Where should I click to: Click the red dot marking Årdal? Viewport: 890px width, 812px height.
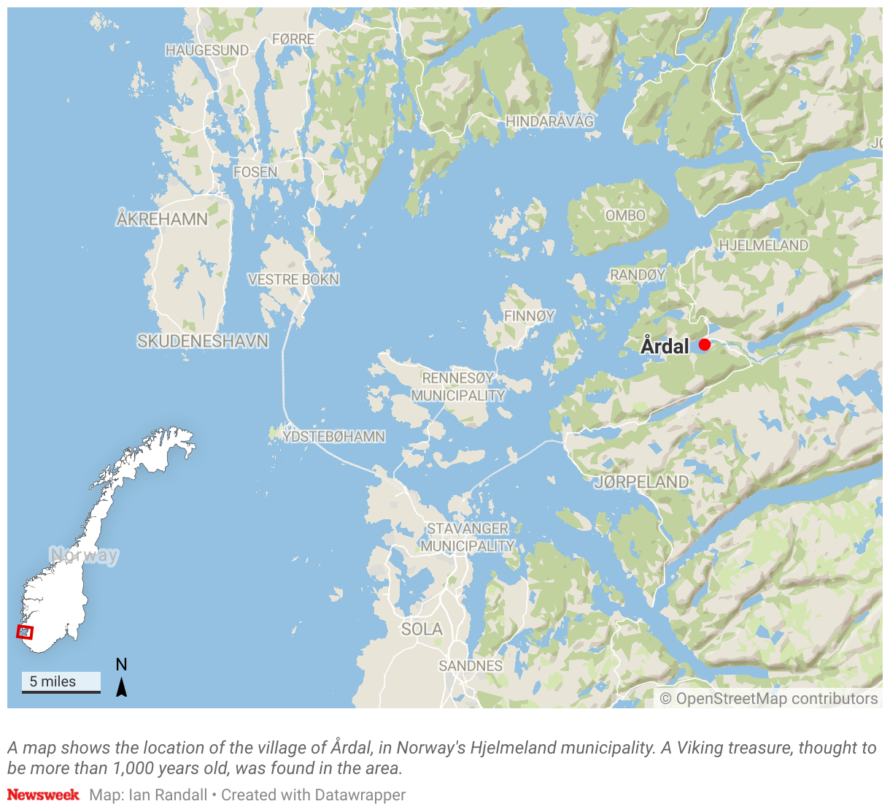coord(704,345)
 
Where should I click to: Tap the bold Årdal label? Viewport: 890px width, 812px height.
coord(665,346)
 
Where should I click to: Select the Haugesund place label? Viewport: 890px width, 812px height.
coord(207,50)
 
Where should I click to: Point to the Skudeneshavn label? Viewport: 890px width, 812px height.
coord(203,341)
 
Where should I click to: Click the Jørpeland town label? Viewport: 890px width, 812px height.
coord(641,482)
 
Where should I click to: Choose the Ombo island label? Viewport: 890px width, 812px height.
coord(625,215)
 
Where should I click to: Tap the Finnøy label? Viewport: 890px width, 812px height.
coord(529,316)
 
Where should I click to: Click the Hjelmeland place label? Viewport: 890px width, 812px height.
coord(764,245)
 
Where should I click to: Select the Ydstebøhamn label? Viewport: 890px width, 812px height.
coord(334,437)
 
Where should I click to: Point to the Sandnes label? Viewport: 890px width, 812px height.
coord(471,666)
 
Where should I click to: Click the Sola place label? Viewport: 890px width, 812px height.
coord(422,629)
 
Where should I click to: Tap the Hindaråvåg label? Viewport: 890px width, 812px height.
coord(550,121)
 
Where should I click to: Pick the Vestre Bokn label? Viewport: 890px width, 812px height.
coord(293,280)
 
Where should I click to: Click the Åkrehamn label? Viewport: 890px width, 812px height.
coord(162,219)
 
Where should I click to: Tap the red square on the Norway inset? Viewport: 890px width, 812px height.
coord(25,632)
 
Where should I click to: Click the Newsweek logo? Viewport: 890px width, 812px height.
coord(43,794)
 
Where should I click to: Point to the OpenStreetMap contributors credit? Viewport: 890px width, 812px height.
coord(769,699)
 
